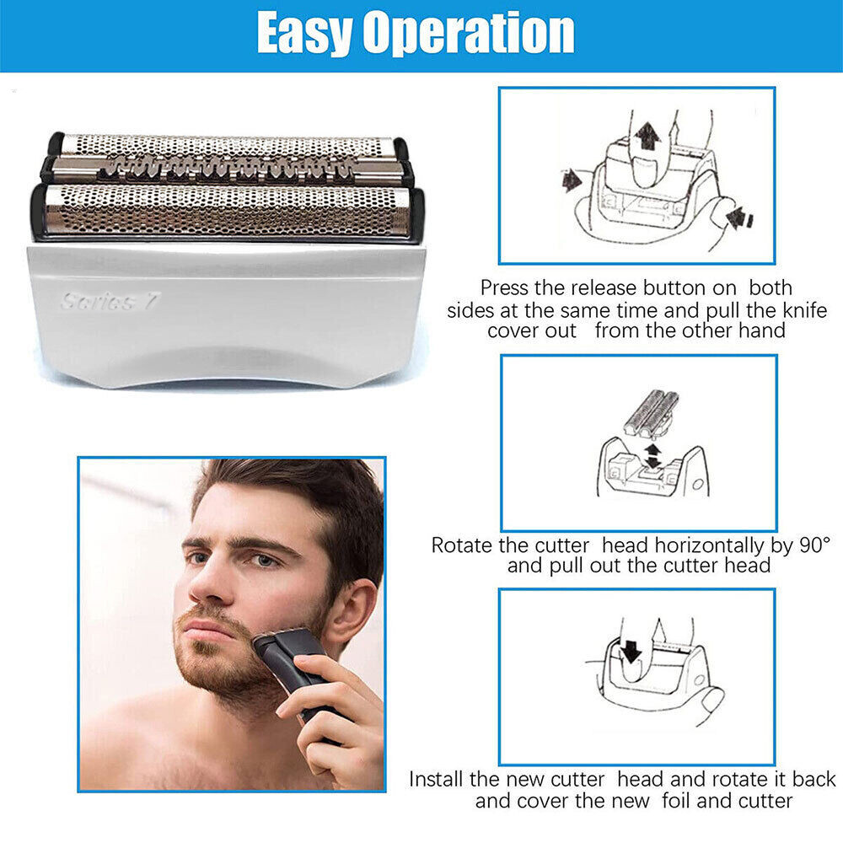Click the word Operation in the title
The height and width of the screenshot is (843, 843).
(469, 35)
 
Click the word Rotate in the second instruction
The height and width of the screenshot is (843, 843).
(464, 545)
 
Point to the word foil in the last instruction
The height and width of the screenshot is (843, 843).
(676, 801)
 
